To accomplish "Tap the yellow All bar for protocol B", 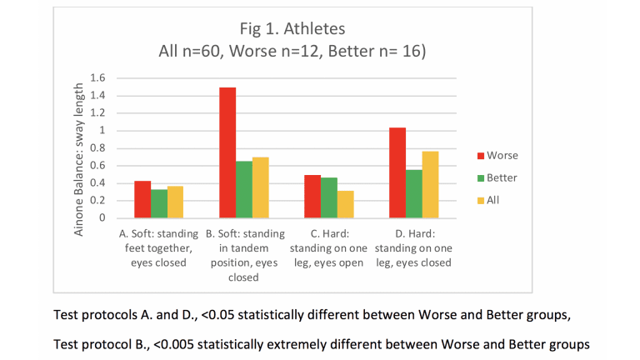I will pyautogui.click(x=261, y=187).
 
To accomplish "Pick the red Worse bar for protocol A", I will pyautogui.click(x=142, y=199).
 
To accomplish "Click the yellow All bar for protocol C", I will pyautogui.click(x=346, y=204).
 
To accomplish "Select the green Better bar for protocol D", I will pyautogui.click(x=413, y=193).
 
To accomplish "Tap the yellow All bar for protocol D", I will pyautogui.click(x=430, y=184).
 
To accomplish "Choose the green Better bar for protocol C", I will pyautogui.click(x=329, y=197).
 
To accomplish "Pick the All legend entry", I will pyautogui.click(x=492, y=200).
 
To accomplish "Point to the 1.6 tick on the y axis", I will pyautogui.click(x=98, y=77).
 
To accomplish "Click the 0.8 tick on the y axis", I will pyautogui.click(x=98, y=147).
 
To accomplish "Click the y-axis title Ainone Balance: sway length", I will pyautogui.click(x=79, y=158).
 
